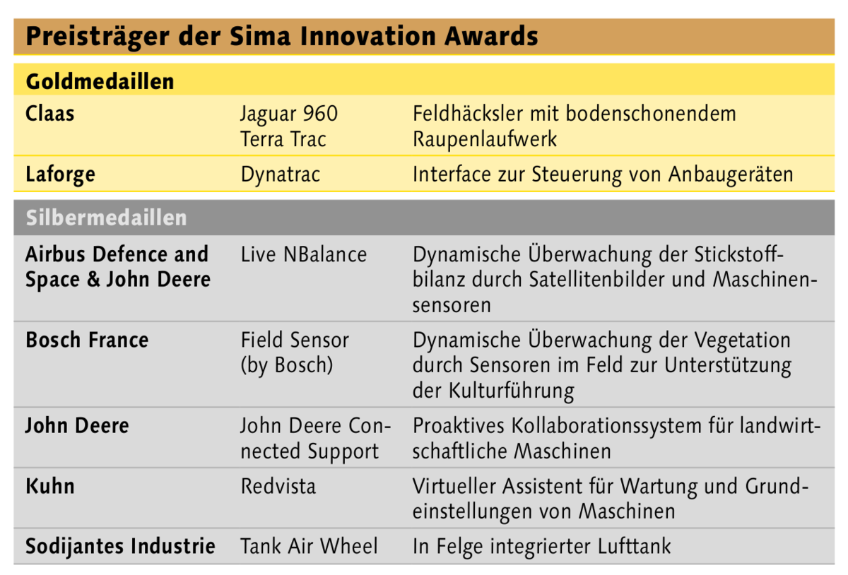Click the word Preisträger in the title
98,37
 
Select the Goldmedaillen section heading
100,81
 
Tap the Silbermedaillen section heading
107,218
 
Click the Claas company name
49,113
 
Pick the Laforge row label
60,175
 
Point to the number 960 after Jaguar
320,114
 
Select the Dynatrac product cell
281,175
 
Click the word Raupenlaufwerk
485,140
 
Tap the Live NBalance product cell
304,254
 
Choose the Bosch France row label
87,340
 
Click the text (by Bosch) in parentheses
287,366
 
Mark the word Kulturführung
511,391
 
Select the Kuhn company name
50,486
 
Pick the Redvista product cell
278,486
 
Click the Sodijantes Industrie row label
120,547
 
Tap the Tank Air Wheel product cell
310,546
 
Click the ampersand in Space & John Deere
93,280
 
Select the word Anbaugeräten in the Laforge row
731,175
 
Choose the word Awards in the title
491,36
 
